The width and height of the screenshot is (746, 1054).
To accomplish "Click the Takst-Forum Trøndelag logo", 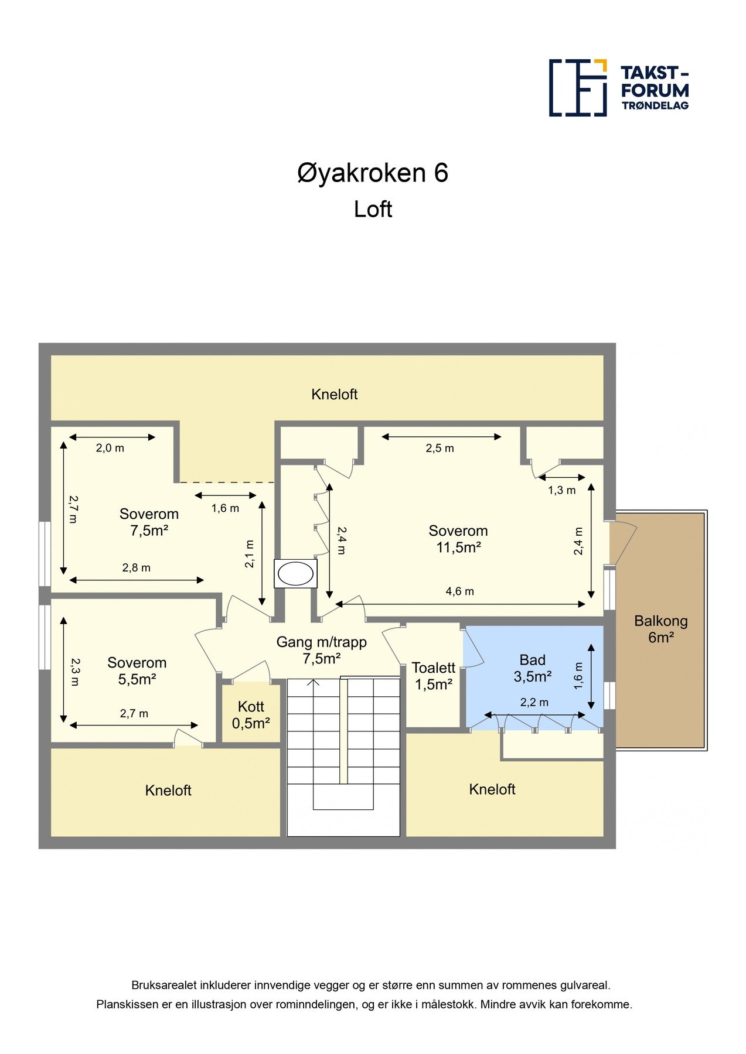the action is (619, 87).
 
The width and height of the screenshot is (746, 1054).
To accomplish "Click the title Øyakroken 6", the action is (373, 173).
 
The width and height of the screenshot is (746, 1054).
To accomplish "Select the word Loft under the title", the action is (373, 209).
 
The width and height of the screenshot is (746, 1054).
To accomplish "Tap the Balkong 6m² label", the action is (660, 629).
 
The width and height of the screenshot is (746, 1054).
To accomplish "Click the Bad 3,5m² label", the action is (532, 668).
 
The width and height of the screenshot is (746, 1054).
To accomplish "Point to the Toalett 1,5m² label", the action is (433, 676).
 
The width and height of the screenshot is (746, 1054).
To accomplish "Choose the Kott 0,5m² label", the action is (251, 715).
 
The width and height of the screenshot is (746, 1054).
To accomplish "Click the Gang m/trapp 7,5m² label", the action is (322, 650).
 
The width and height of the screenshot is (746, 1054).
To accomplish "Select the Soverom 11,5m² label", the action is (458, 539).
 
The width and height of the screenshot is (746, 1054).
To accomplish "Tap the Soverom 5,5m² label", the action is (137, 671).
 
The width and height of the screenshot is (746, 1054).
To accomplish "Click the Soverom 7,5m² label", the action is (149, 522).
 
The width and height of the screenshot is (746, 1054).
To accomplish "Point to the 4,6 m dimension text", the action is (459, 591).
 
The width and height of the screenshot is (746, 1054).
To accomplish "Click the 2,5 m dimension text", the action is (440, 449).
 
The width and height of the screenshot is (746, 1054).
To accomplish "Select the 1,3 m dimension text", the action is (561, 491).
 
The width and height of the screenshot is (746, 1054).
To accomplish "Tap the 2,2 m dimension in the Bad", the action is (534, 703).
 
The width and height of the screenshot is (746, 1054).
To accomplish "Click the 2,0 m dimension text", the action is (110, 449).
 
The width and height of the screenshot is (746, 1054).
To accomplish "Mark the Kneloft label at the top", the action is (334, 395).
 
